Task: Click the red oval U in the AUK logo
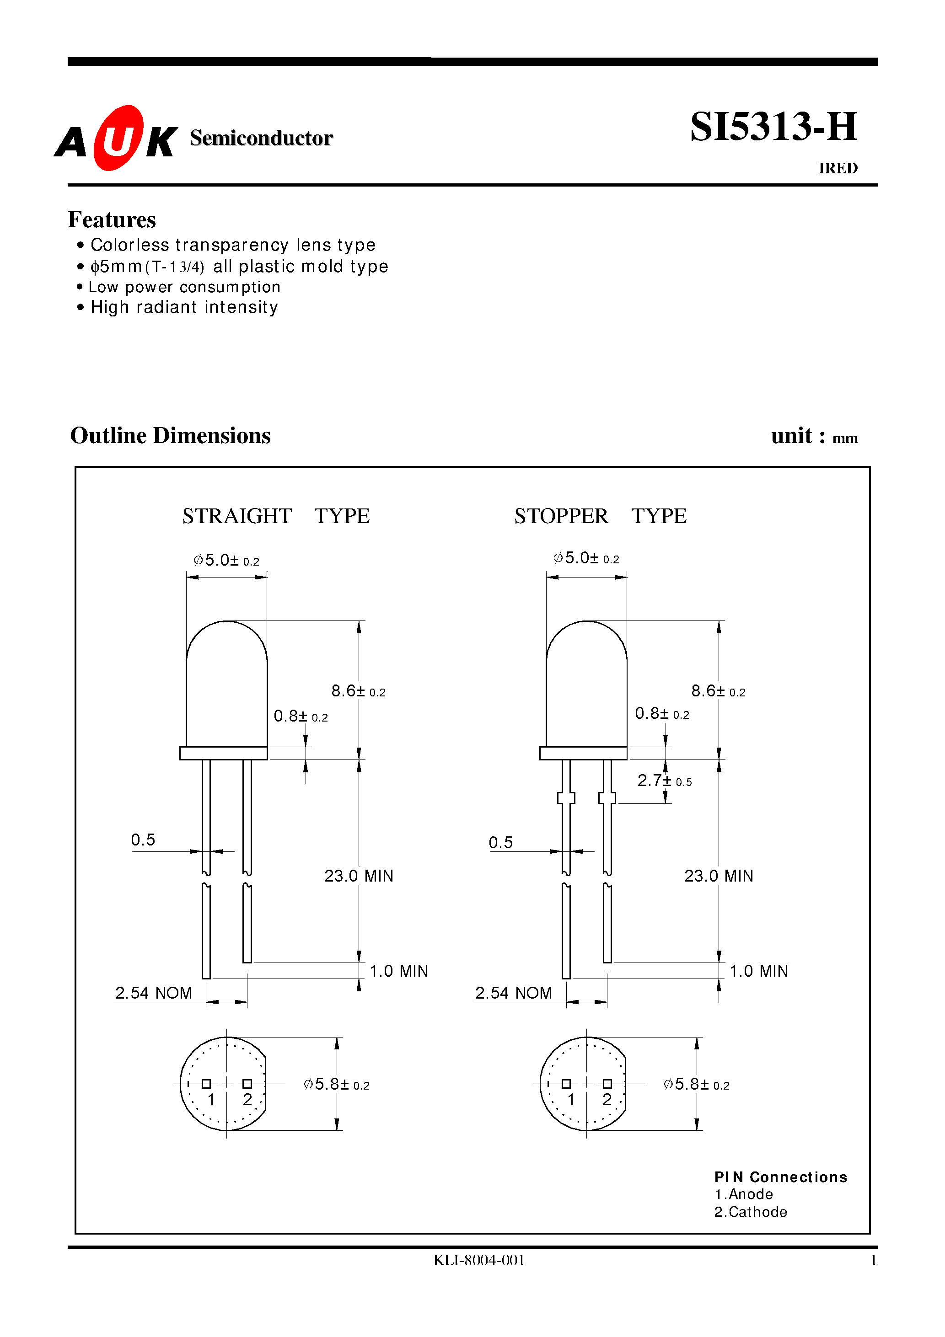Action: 118,138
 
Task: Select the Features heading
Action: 112,219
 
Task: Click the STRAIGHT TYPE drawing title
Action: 275,516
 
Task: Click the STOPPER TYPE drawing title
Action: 600,516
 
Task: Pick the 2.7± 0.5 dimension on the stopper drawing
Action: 664,781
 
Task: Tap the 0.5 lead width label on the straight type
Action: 143,840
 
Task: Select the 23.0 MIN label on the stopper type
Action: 719,876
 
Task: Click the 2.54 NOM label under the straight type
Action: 153,993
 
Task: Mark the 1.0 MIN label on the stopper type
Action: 758,971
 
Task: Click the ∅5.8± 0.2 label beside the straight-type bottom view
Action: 337,1084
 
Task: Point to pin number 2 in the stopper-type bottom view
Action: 607,1099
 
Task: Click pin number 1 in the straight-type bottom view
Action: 211,1099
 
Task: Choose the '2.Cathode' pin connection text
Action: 751,1212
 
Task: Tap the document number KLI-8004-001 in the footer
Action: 479,1260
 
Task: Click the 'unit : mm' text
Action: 814,436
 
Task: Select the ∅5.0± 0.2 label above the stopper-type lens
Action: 586,558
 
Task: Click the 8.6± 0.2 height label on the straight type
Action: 358,691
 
